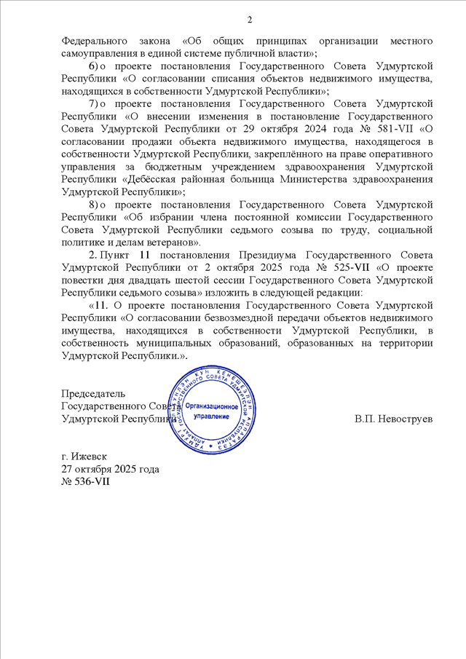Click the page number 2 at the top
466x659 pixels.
click(x=249, y=19)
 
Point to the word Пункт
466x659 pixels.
click(x=116, y=254)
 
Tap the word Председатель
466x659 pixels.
click(x=93, y=394)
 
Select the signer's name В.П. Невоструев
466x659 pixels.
click(x=393, y=419)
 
